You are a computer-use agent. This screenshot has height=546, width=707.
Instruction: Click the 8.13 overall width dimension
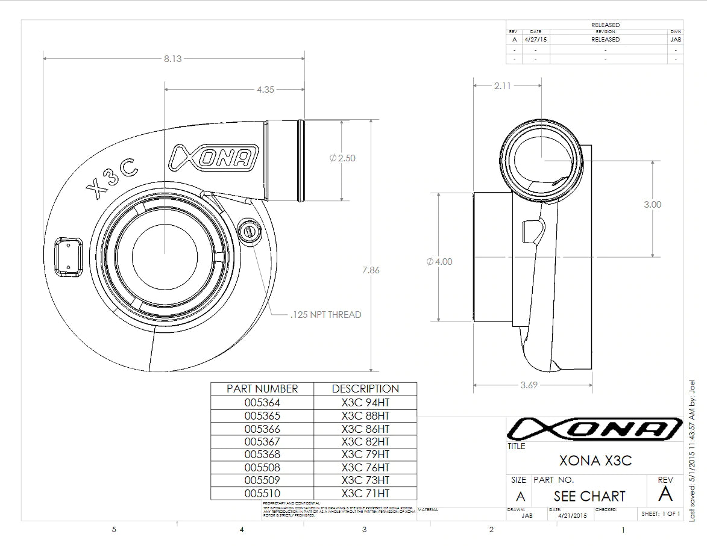point(172,58)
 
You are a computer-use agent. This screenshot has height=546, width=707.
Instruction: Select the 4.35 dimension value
point(265,89)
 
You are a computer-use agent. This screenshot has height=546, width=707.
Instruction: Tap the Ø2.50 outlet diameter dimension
point(343,158)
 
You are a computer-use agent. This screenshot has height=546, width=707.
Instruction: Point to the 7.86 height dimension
point(371,270)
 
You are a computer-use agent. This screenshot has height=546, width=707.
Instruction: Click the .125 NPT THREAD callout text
point(325,314)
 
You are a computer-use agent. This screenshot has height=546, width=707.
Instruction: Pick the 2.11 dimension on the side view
point(502,85)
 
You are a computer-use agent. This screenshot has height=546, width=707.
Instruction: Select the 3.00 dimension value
point(652,205)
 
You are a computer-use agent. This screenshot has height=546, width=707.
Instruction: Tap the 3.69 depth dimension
point(529,385)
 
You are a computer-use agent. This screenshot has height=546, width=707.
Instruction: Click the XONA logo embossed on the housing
point(214,157)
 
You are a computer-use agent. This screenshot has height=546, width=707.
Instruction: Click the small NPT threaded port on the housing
point(249,231)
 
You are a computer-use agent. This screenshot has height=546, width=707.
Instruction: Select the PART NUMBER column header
point(262,389)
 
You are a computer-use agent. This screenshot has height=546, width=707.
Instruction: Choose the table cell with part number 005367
point(262,441)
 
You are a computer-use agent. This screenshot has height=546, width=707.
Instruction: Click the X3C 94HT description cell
point(365,403)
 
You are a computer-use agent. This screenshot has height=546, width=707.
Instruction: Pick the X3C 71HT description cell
point(365,493)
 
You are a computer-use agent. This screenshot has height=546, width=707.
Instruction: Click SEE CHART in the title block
point(589,496)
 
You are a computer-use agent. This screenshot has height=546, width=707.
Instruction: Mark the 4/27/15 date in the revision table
point(536,39)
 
